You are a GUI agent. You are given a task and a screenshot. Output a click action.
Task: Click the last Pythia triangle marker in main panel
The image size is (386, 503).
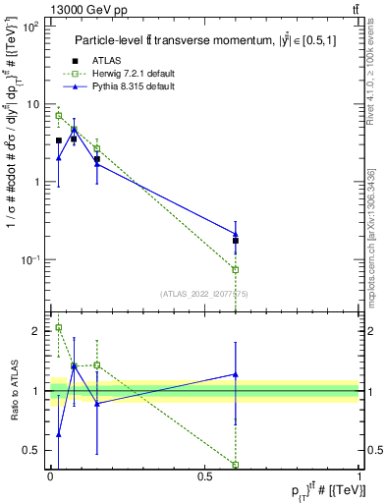235,234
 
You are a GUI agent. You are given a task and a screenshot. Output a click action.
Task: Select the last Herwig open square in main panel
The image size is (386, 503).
235,269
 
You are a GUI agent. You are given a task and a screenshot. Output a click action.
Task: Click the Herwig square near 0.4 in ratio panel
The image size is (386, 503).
235,464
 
